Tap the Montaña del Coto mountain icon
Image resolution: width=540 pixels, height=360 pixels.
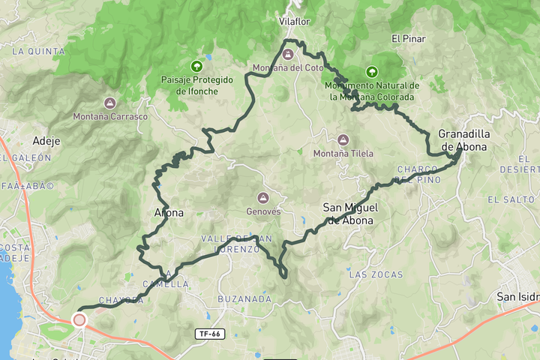[x=288, y=55]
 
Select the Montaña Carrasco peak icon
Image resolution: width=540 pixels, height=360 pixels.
[x=109, y=103]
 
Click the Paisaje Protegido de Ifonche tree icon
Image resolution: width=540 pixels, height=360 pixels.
[x=197, y=66]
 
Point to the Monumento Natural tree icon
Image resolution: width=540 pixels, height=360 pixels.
[x=370, y=72]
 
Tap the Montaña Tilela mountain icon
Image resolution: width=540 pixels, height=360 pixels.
[x=343, y=140]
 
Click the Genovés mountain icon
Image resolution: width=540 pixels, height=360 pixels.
[x=263, y=198]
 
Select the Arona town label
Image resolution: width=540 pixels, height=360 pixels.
[x=168, y=213]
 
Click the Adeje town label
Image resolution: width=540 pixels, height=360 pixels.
[x=46, y=140]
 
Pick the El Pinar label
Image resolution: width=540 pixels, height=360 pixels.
[x=409, y=38]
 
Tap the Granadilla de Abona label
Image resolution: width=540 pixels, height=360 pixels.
[x=463, y=140]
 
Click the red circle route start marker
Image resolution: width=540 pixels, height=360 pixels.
[x=79, y=320]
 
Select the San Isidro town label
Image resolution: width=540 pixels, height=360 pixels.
[x=517, y=297]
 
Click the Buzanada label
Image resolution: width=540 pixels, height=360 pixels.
[x=244, y=298]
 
